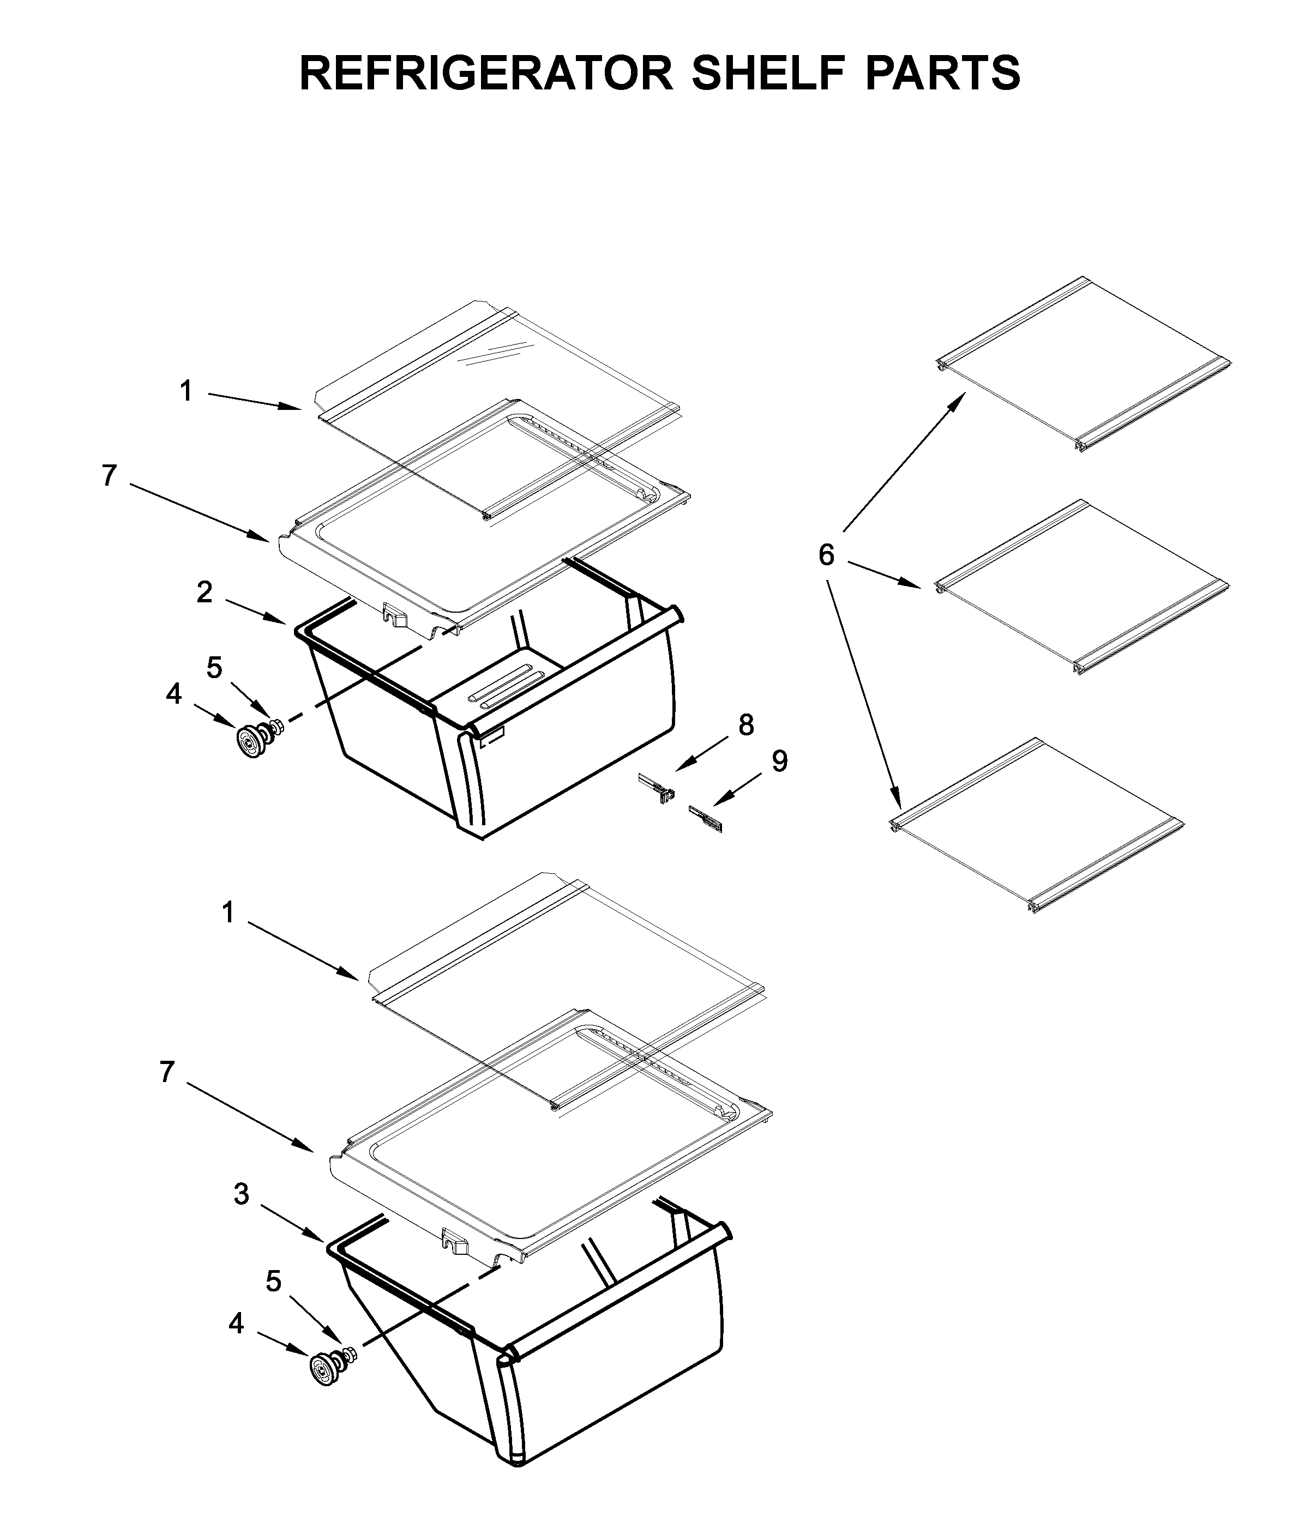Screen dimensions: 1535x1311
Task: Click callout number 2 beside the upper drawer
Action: pos(205,591)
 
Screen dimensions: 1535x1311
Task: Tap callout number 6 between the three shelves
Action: pos(826,554)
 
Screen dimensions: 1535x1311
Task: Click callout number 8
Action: pos(745,726)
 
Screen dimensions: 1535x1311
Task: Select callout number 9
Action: pos(779,761)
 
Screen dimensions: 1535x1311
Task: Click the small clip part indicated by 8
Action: pos(657,788)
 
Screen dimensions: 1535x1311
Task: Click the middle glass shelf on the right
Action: pos(1082,585)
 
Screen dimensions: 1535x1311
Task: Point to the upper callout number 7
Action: pos(109,476)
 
